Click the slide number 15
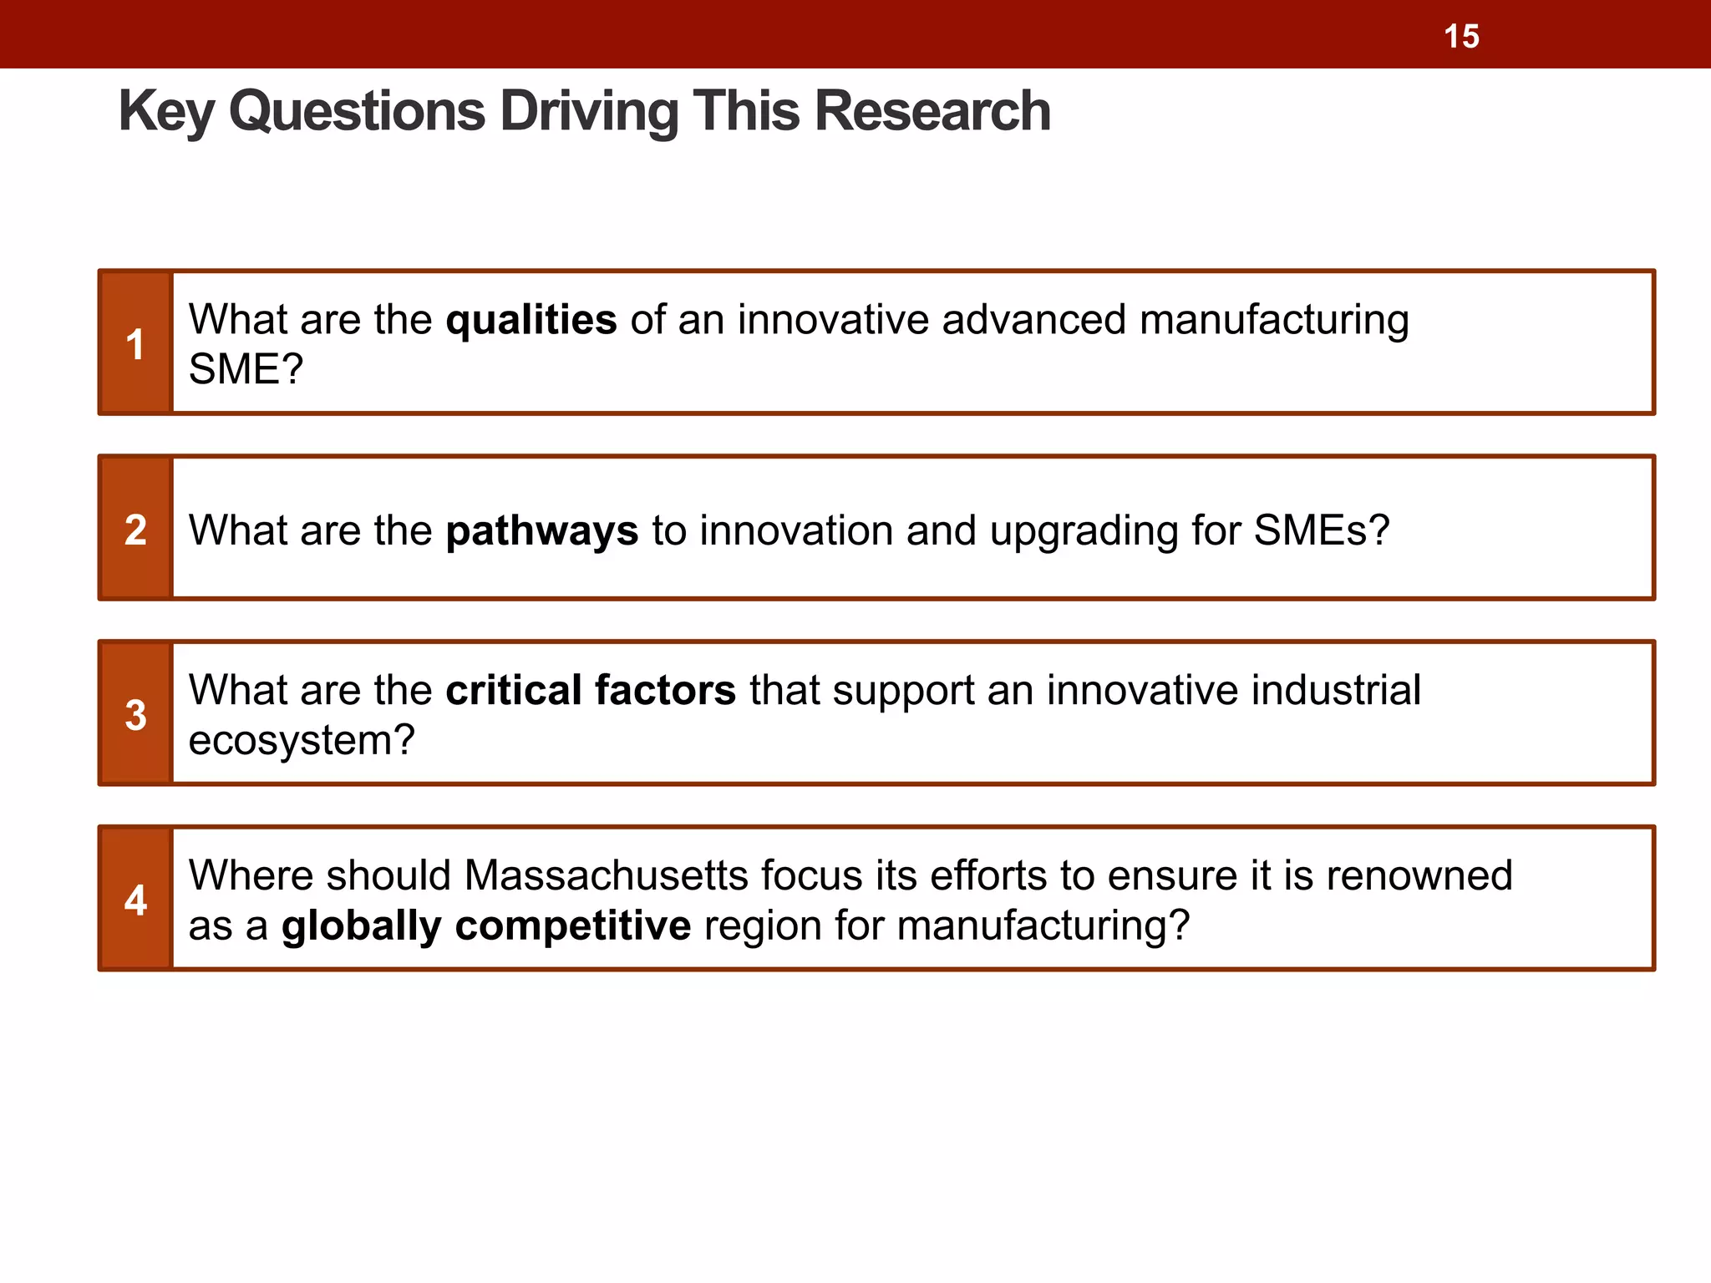click(x=1461, y=37)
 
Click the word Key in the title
click(x=166, y=111)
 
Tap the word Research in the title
click(x=932, y=111)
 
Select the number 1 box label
click(x=135, y=344)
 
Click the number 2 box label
click(x=135, y=530)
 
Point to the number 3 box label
click(x=135, y=715)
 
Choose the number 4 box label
click(x=135, y=900)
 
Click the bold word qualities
click(x=531, y=320)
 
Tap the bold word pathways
click(x=542, y=531)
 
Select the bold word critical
click(x=514, y=691)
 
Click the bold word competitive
click(x=573, y=925)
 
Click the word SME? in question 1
click(x=246, y=369)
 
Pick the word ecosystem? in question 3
click(x=302, y=740)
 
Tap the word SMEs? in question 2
click(x=1322, y=530)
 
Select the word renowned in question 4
click(x=1419, y=875)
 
